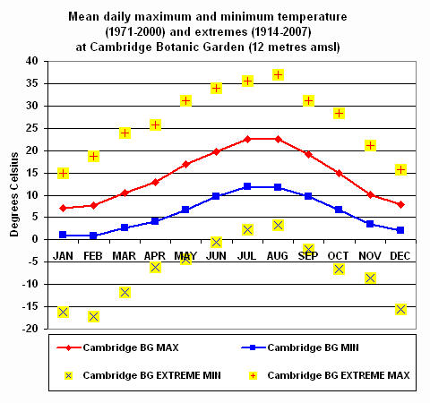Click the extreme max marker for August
pyautogui.click(x=279, y=74)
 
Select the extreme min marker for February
pyautogui.click(x=93, y=316)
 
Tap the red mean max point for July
pyautogui.click(x=247, y=139)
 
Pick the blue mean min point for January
pyautogui.click(x=63, y=235)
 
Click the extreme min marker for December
pyautogui.click(x=401, y=309)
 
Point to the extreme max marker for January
pyautogui.click(x=63, y=173)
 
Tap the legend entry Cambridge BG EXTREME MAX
pyautogui.click(x=338, y=375)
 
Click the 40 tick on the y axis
pyautogui.click(x=31, y=61)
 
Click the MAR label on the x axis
pyautogui.click(x=124, y=255)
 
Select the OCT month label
pyautogui.click(x=340, y=255)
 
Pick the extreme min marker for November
pyautogui.click(x=370, y=278)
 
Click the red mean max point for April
pyautogui.click(x=155, y=182)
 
